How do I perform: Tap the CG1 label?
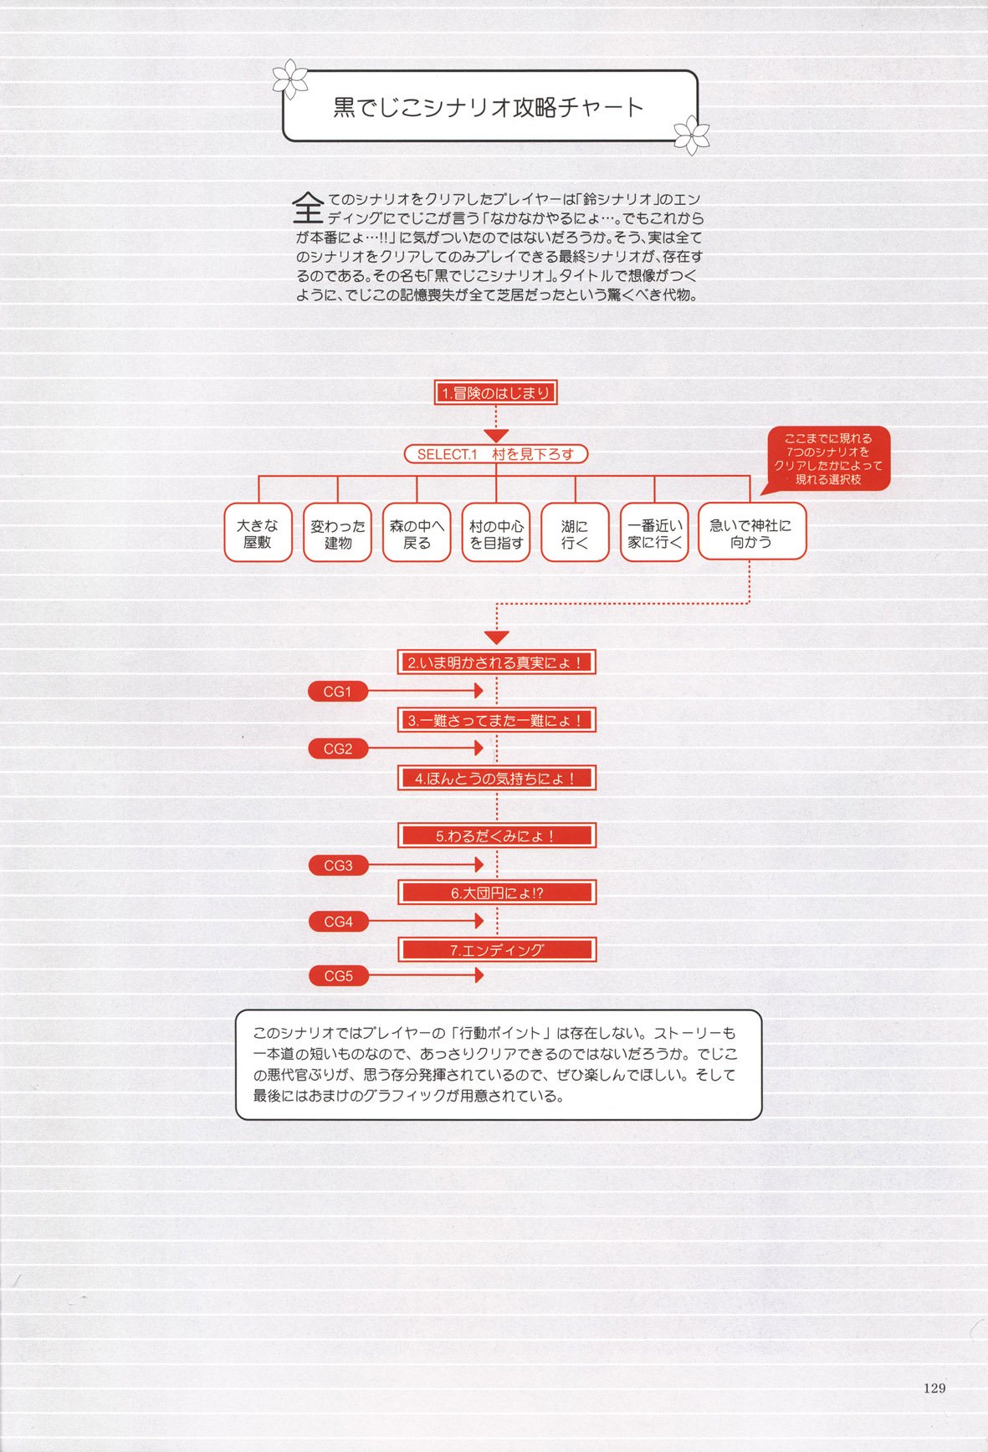click(338, 692)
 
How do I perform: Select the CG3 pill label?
click(338, 866)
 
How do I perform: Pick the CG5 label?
click(338, 976)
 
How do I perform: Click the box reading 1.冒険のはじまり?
click(496, 393)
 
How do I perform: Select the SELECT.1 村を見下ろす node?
click(496, 454)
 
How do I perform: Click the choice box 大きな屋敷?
click(258, 532)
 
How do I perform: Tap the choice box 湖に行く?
click(575, 532)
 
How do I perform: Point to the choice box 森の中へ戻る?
click(417, 532)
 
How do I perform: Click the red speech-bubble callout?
click(827, 458)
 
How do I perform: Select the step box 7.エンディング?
click(497, 949)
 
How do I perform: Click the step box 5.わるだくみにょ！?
click(497, 836)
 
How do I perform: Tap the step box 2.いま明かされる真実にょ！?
click(497, 662)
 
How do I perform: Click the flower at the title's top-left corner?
click(290, 79)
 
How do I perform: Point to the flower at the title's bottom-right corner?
click(692, 134)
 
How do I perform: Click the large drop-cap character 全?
click(308, 207)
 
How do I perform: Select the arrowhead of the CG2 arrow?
click(479, 749)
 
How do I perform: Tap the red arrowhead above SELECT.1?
click(496, 436)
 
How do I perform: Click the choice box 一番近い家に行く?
click(654, 532)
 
